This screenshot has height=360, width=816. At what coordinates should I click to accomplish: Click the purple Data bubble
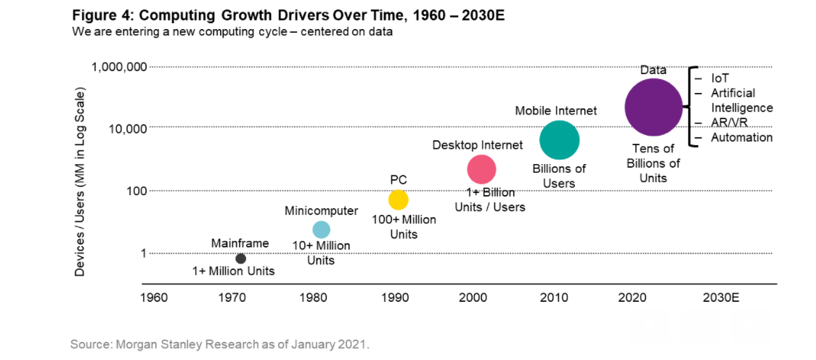653,107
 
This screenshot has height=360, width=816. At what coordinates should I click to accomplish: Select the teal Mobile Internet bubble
559,140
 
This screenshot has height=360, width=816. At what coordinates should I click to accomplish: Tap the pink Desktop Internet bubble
481,169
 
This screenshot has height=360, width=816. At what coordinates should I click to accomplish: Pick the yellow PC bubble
399,199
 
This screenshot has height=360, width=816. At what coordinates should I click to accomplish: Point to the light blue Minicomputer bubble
321,229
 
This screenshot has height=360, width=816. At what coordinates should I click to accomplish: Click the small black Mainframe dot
240,258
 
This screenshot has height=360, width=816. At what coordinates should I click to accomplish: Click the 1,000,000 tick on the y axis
120,67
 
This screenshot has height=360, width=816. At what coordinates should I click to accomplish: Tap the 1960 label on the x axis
153,298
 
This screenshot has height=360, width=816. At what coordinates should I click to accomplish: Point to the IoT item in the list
721,78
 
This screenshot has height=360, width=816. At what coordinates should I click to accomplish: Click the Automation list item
741,138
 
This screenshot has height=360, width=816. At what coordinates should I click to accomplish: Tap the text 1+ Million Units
233,271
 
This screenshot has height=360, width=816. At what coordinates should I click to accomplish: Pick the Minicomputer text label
321,211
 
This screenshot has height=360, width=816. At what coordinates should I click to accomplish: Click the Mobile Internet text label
555,111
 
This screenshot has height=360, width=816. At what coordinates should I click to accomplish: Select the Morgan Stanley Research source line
219,344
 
